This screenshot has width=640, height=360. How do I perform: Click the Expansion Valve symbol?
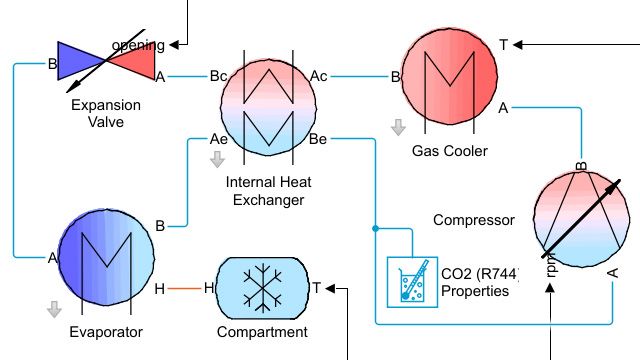click(106, 61)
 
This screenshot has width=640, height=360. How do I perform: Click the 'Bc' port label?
click(218, 76)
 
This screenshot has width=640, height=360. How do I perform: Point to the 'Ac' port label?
click(319, 76)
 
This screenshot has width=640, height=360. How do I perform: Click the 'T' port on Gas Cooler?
click(504, 44)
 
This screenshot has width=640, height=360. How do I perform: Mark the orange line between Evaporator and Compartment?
click(184, 289)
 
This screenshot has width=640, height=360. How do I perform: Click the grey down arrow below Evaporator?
click(54, 310)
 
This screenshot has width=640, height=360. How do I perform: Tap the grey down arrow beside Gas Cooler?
click(398, 128)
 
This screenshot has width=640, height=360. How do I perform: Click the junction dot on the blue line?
click(375, 228)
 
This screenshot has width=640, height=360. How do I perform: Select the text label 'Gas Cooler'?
click(449, 152)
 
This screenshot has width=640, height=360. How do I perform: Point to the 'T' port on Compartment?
click(317, 289)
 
